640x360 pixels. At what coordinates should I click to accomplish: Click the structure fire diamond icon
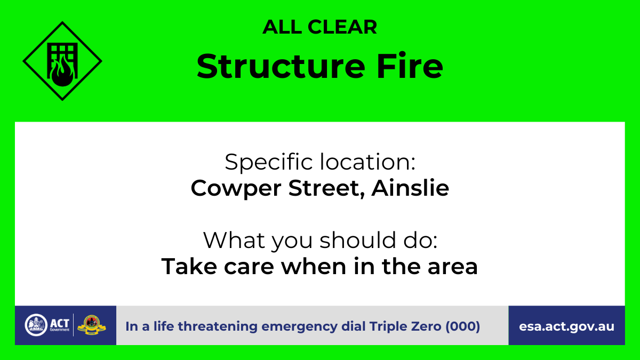click(62, 61)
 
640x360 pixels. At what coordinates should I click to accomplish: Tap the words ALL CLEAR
click(319, 27)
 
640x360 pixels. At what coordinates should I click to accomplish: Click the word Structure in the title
click(276, 66)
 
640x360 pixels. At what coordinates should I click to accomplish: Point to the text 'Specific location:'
click(319, 162)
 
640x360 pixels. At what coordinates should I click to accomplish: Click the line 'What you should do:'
click(319, 241)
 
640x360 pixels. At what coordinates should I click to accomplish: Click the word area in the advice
click(453, 267)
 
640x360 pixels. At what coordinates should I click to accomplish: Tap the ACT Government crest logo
click(36, 325)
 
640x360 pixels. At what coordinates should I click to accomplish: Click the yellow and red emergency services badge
click(92, 325)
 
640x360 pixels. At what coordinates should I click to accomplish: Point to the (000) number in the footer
click(462, 326)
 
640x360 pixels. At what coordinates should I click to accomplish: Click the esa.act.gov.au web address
click(566, 326)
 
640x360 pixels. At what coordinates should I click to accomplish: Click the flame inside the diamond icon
click(59, 71)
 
